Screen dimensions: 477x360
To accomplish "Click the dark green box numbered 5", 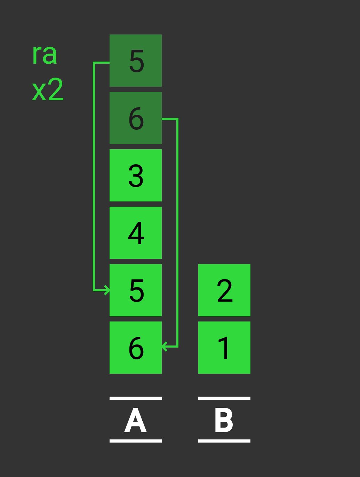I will pyautogui.click(x=136, y=61).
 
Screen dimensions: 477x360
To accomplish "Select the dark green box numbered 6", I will pyautogui.click(x=136, y=118).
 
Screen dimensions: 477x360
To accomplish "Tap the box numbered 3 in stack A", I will pyautogui.click(x=136, y=175).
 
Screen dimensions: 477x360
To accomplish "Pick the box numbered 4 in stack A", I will pyautogui.click(x=136, y=233).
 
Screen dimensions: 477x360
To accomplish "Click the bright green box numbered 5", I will pyautogui.click(x=136, y=290).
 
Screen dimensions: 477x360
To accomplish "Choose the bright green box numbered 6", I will pyautogui.click(x=136, y=348).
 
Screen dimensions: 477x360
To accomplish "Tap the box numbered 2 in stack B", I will pyautogui.click(x=224, y=290).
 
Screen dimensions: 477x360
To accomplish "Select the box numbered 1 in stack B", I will pyautogui.click(x=224, y=348).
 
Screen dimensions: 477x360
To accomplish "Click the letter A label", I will pyautogui.click(x=136, y=420).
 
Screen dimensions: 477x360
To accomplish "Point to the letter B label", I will pyautogui.click(x=224, y=420).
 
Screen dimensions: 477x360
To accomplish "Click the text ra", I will pyautogui.click(x=45, y=54).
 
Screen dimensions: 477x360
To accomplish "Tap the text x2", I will pyautogui.click(x=48, y=90).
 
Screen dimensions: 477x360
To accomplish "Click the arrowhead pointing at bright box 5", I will pyautogui.click(x=107, y=290).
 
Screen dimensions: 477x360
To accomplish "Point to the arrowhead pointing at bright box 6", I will pyautogui.click(x=165, y=347).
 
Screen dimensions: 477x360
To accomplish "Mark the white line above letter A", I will pyautogui.click(x=136, y=398).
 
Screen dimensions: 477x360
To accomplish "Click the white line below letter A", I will pyautogui.click(x=136, y=441).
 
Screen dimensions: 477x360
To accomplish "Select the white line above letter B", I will pyautogui.click(x=224, y=398).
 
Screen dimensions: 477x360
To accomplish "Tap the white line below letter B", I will pyautogui.click(x=224, y=441).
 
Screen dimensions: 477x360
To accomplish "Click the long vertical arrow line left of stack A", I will pyautogui.click(x=94, y=174).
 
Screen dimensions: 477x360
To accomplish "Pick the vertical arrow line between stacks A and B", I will pyautogui.click(x=177, y=233).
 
